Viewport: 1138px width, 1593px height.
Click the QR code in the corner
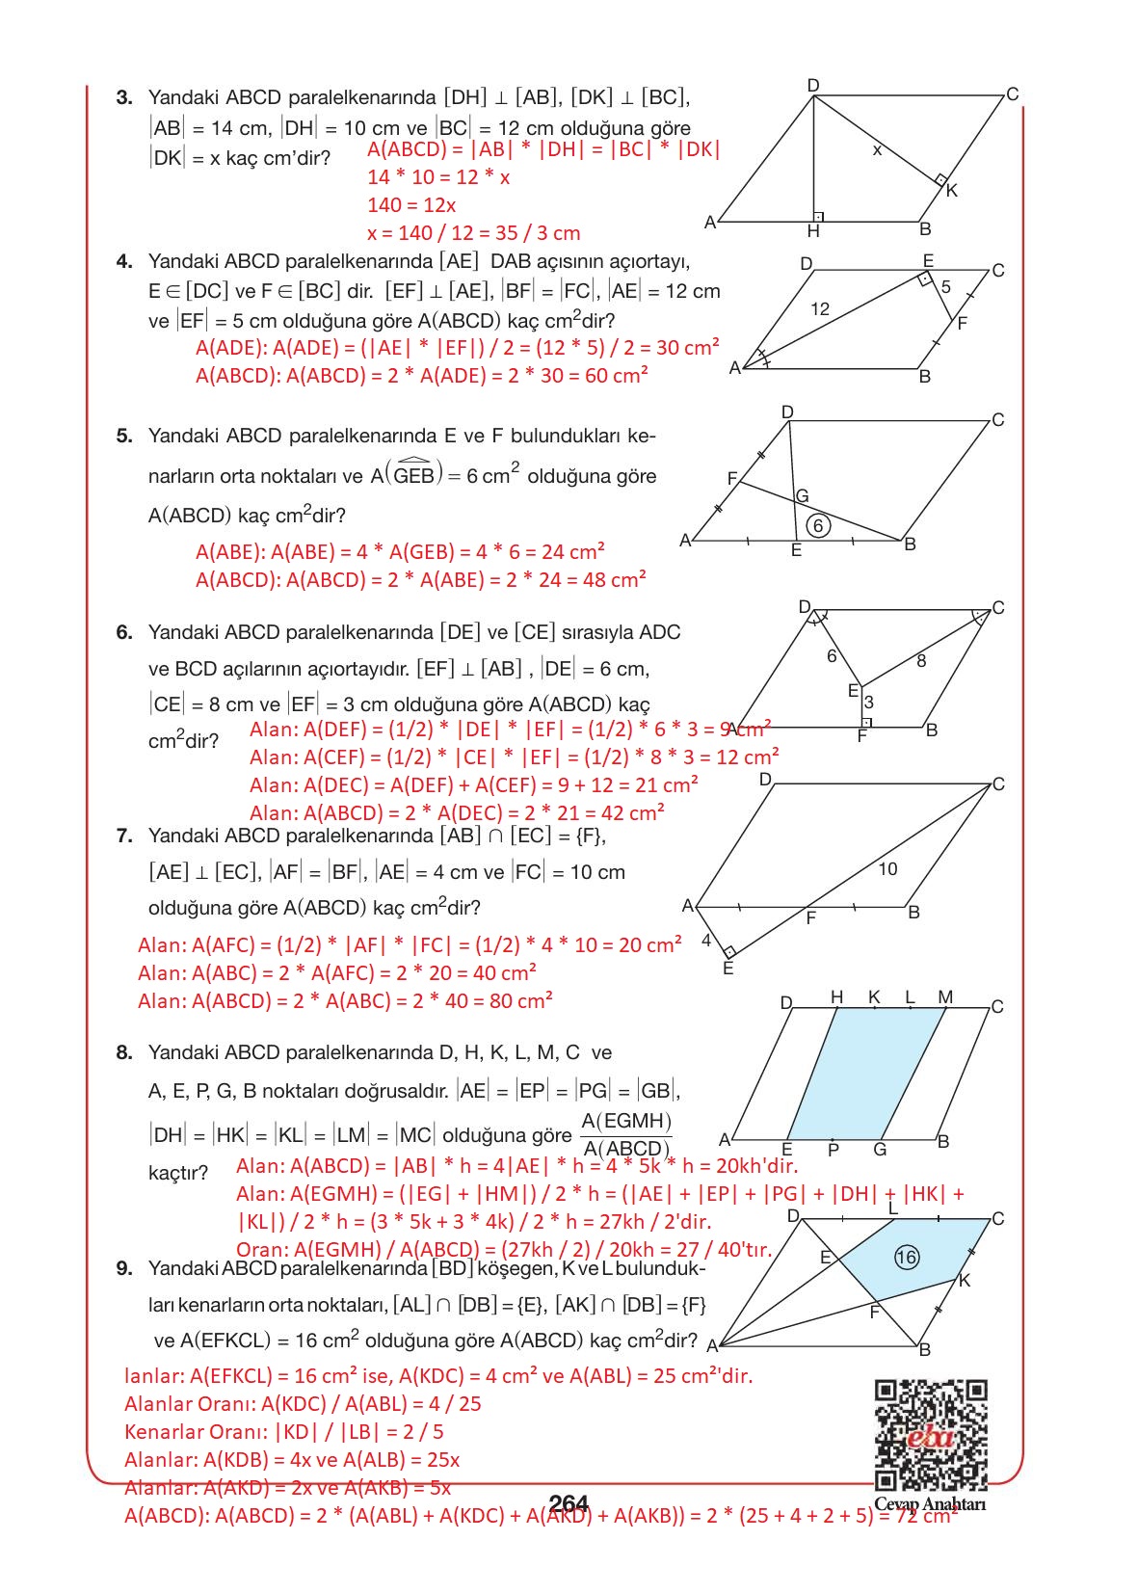tap(930, 1435)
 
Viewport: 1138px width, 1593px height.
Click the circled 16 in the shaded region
tap(906, 1257)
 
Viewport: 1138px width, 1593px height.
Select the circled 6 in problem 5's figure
tap(818, 526)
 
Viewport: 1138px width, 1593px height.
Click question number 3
tap(124, 97)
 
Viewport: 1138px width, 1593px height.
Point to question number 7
tap(124, 836)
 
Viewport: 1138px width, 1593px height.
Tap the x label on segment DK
tap(876, 150)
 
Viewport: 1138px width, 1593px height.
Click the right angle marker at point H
tap(817, 217)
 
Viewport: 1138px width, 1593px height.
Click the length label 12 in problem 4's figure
tap(819, 309)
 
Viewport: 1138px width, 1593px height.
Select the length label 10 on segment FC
tap(887, 869)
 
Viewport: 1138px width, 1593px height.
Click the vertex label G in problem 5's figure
tap(802, 496)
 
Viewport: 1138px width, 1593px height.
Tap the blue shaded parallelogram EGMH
tap(866, 1072)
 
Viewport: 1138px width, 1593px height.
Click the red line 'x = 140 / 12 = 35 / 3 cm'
tap(473, 233)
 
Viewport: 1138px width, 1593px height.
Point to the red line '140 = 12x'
tap(411, 205)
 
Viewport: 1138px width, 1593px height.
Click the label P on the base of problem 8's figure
tap(834, 1150)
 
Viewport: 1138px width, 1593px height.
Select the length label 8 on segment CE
tap(921, 661)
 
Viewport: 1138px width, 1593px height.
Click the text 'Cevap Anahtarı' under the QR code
tap(930, 1504)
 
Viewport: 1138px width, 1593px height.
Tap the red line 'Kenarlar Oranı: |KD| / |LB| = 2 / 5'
tap(284, 1432)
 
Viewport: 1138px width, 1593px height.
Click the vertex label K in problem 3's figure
tap(951, 191)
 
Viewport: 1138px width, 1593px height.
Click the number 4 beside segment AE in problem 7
tap(706, 940)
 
